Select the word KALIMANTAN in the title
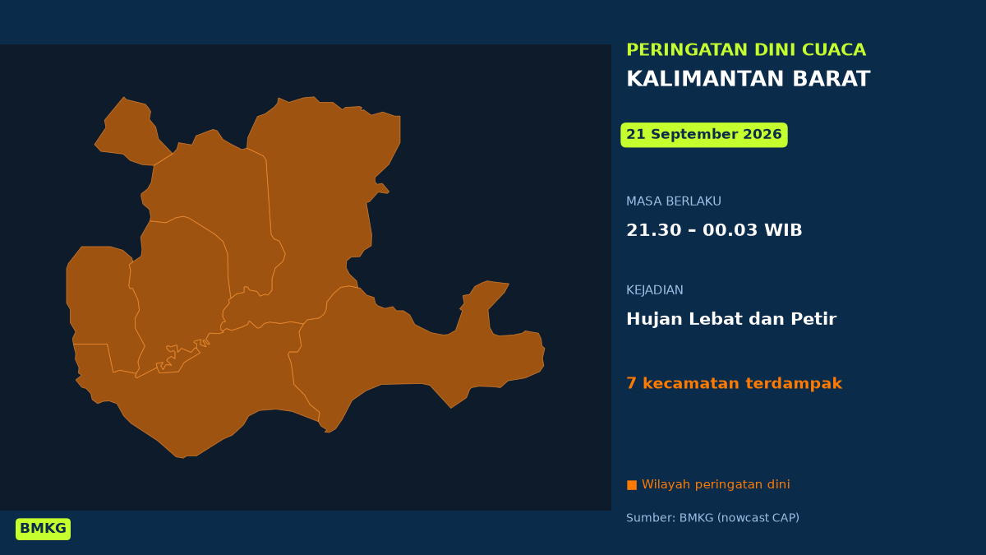click(705, 79)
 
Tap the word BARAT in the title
click(831, 79)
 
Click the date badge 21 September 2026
click(704, 135)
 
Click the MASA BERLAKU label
click(674, 201)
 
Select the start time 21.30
click(654, 230)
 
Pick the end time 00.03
click(730, 230)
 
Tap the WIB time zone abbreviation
click(783, 230)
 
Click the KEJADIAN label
click(655, 289)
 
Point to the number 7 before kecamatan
click(631, 383)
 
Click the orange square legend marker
click(632, 485)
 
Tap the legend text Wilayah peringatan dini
click(716, 484)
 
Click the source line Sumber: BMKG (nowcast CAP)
click(712, 517)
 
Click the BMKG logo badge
click(43, 529)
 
